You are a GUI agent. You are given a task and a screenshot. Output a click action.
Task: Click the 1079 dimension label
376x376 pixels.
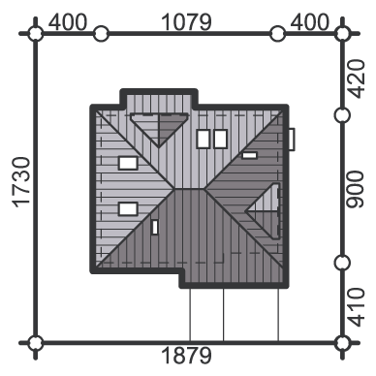(186, 22)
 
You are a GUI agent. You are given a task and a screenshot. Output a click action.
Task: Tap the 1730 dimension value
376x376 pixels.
(21, 181)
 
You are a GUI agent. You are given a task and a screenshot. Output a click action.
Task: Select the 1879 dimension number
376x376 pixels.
(186, 356)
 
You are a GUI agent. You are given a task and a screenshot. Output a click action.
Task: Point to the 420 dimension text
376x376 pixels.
(357, 78)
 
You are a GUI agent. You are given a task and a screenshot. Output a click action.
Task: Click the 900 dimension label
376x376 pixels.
(355, 189)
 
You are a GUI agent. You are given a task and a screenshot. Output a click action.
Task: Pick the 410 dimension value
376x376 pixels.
(357, 307)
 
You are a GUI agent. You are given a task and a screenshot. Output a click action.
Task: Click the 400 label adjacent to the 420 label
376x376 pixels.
(310, 22)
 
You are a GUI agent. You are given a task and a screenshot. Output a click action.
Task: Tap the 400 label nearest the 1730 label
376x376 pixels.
(68, 22)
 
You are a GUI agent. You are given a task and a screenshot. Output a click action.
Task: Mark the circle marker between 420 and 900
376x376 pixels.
(342, 115)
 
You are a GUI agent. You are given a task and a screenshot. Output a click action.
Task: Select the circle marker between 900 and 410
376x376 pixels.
(342, 264)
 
